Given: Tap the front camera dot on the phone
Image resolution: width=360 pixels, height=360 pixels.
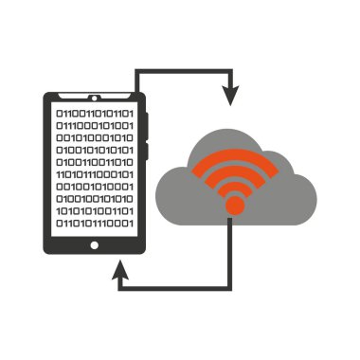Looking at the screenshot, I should coord(94,99).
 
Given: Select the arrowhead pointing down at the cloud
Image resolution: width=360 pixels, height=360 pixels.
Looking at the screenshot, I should coord(229,96).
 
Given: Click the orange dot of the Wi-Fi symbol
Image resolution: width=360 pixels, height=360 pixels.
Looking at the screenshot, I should coord(234,204).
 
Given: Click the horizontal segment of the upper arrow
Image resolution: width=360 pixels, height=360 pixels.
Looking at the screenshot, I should coord(185,71).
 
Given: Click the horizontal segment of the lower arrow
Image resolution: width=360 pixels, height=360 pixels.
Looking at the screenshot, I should coord(175,285).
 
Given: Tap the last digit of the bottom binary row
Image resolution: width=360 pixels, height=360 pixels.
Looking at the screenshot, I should coord(132,225).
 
